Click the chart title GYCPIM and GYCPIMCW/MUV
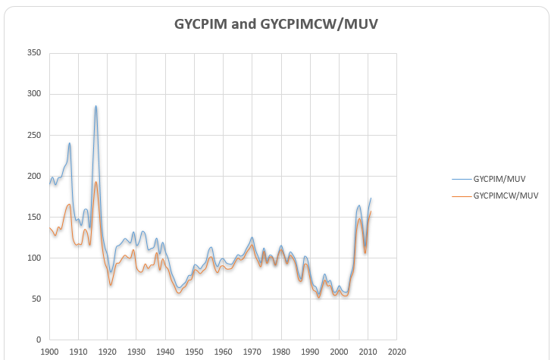[276, 23]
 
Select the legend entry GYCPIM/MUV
[499, 180]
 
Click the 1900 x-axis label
[49, 352]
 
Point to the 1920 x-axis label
[107, 352]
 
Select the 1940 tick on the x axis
[165, 352]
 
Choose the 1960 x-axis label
[223, 352]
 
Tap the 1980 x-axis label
[281, 352]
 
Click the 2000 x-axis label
[339, 352]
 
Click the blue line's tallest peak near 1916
[95, 106]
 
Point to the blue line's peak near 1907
[70, 143]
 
